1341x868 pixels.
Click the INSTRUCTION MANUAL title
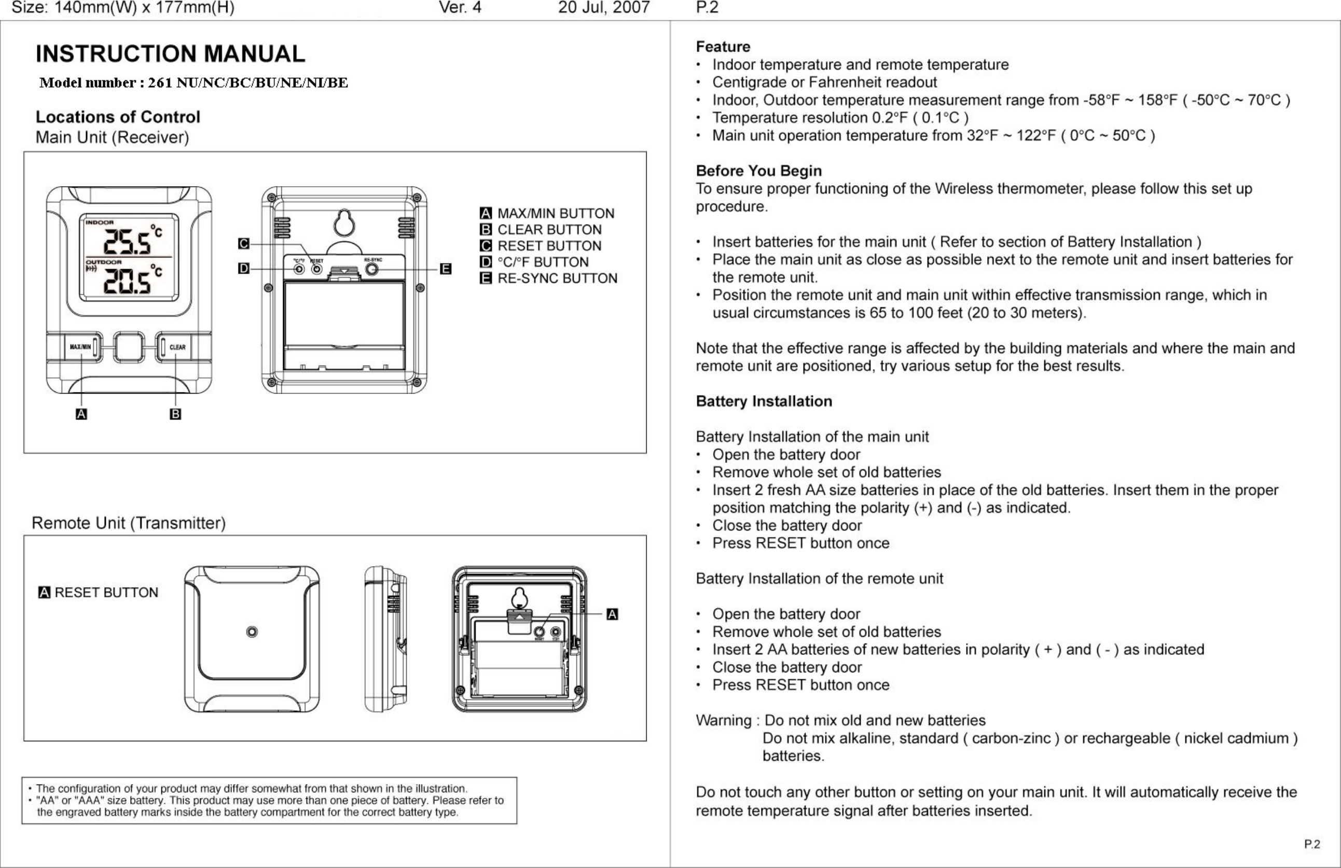click(x=170, y=54)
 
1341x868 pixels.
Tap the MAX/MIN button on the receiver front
click(x=80, y=347)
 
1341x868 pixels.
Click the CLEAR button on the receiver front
click(x=177, y=347)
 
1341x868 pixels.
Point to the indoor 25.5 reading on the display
click(x=127, y=242)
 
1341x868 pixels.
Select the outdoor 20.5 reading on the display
click(x=127, y=282)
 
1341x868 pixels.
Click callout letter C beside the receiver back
click(x=243, y=243)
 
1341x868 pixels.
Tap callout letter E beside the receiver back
click(x=445, y=269)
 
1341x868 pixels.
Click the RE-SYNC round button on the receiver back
click(x=372, y=269)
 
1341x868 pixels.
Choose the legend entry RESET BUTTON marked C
click(x=549, y=246)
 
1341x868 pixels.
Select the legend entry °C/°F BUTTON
click(x=542, y=262)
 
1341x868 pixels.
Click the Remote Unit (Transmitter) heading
click(x=129, y=523)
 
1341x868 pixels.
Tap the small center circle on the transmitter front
click(x=252, y=632)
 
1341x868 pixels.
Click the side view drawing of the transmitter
click(x=385, y=639)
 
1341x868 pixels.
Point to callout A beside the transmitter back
click(x=612, y=614)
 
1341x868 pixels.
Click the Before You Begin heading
click(x=758, y=171)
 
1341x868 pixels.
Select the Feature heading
click(x=723, y=47)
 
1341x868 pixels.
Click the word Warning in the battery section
click(x=724, y=720)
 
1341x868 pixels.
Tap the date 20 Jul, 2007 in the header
click(x=603, y=8)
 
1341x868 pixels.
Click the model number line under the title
click(x=193, y=83)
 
